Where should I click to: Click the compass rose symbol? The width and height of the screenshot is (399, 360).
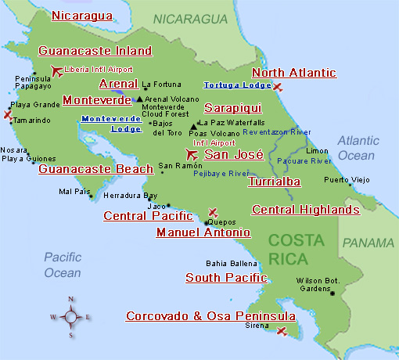coord(71,316)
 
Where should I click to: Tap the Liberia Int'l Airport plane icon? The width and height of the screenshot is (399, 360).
coord(56,72)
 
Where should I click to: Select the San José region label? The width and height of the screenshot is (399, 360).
coord(233,154)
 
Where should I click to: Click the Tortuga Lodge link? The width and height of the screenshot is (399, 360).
coord(233,85)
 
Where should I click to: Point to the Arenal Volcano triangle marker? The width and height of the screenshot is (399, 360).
coord(139,99)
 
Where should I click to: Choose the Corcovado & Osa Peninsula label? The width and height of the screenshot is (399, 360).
coord(210,316)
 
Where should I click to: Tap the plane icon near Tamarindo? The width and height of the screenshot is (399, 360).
coord(8,115)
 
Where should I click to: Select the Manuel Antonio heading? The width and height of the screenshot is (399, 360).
coord(203,232)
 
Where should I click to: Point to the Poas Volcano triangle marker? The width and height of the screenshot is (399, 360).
coord(193,125)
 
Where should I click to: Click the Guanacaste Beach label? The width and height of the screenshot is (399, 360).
coord(95,168)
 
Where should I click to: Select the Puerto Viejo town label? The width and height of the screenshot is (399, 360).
coord(347,180)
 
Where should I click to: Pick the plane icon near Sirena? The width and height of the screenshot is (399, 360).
coord(282,332)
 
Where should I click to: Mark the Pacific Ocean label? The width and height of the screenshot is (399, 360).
coord(63,265)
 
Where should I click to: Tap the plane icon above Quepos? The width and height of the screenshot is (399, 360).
coord(213,212)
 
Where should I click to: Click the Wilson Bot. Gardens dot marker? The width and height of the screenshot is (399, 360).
coord(332,293)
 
